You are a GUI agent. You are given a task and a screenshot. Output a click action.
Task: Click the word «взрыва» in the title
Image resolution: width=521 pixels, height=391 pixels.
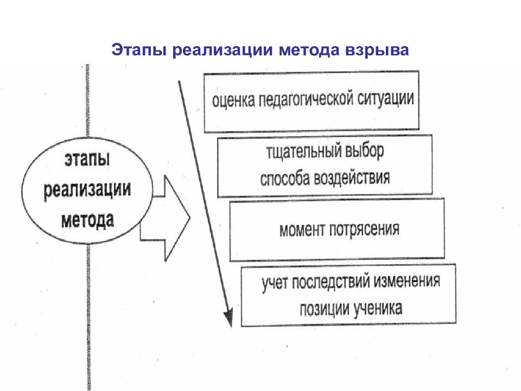pos(377,50)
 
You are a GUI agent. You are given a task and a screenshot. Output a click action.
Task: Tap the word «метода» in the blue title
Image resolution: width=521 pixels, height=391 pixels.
pos(309,49)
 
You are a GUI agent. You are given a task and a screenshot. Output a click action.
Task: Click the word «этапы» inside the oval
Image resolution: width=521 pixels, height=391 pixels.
pos(87,160)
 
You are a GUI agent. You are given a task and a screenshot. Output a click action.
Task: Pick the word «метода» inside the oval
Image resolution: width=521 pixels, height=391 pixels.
pos(88,220)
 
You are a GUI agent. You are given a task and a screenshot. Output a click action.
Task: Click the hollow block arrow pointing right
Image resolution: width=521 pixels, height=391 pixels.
pos(165,218)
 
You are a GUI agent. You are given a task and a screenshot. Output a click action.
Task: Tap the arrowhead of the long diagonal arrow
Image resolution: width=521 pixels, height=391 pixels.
pos(228,318)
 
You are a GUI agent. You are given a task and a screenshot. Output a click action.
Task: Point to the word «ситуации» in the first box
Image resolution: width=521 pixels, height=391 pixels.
pos(386,98)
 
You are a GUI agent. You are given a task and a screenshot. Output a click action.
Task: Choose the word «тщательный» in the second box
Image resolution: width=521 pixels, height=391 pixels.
pos(304,152)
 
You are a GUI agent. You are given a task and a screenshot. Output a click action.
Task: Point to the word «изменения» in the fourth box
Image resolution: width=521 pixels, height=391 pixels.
pos(407,281)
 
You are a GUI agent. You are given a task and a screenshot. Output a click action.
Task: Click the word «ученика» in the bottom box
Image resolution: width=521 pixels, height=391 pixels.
pos(378,308)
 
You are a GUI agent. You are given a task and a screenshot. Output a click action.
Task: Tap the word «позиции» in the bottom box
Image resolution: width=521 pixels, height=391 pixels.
pos(325,310)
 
